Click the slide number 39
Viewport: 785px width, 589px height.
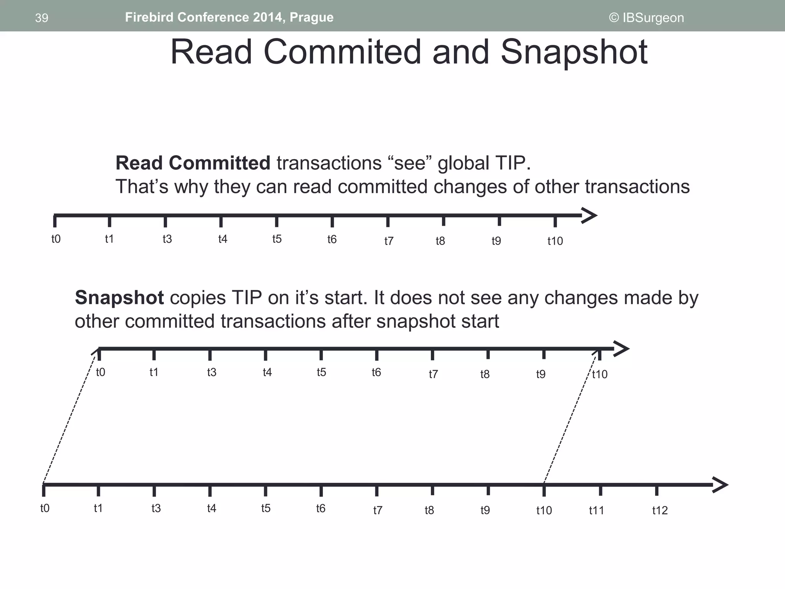pyautogui.click(x=41, y=18)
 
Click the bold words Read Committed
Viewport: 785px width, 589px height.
pyautogui.click(x=193, y=163)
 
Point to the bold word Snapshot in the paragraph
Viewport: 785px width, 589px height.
pyautogui.click(x=119, y=298)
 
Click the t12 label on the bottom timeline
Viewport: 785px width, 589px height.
pyautogui.click(x=660, y=510)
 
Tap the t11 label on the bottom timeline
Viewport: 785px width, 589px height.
pyautogui.click(x=596, y=510)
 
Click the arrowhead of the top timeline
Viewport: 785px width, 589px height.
pyautogui.click(x=590, y=216)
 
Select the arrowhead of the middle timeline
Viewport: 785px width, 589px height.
pyautogui.click(x=621, y=349)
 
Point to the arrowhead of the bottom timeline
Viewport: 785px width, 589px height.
pyautogui.click(x=720, y=485)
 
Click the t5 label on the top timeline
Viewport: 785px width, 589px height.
pyautogui.click(x=277, y=239)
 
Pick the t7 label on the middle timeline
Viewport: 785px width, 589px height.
pyautogui.click(x=433, y=374)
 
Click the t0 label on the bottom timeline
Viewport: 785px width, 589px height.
pyautogui.click(x=45, y=508)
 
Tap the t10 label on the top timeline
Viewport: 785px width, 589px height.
pyautogui.click(x=555, y=241)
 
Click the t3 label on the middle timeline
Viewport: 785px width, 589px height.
pyautogui.click(x=212, y=372)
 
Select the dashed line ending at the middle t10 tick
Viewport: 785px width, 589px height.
pyautogui.click(x=571, y=418)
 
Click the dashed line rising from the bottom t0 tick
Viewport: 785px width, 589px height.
pyautogui.click(x=69, y=418)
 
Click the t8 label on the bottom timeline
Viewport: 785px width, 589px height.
pyautogui.click(x=429, y=510)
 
